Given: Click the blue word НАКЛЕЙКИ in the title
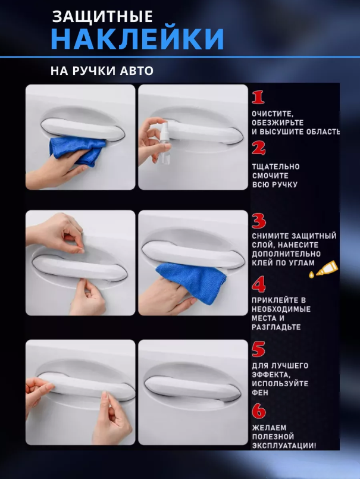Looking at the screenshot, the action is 137,39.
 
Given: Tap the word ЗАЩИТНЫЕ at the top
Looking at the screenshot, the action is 102,17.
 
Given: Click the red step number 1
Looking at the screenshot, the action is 258,98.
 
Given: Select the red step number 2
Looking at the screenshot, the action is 258,149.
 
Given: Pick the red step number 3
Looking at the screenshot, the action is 259,221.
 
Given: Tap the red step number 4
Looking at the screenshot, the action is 259,284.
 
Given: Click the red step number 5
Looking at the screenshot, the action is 258,349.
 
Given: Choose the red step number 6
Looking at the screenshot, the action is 259,411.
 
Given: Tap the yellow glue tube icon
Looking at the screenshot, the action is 324,270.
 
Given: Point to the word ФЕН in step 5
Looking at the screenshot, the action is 260,393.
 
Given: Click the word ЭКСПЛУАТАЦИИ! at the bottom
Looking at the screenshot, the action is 284,446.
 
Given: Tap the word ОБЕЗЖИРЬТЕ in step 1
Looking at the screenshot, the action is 278,123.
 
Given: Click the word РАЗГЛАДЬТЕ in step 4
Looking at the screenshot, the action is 276,327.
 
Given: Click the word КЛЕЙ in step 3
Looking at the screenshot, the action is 262,263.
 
